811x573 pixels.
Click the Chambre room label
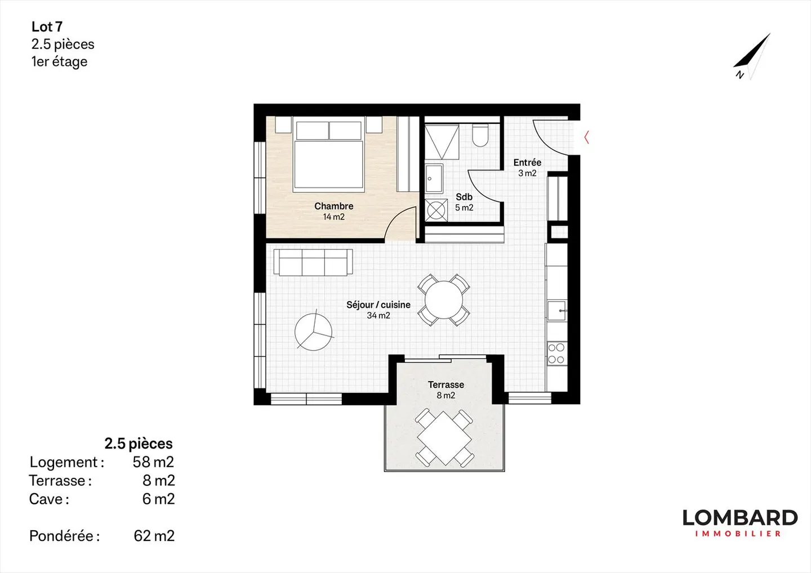pos(333,206)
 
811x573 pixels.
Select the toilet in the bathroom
pos(480,136)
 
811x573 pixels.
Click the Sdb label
pos(464,197)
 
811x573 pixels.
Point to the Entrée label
pos(527,163)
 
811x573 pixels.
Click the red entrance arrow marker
pos(586,137)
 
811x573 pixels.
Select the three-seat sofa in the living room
pos(313,262)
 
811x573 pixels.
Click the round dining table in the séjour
pos(444,300)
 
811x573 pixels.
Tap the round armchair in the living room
pos(314,332)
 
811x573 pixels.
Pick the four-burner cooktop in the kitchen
pos(556,353)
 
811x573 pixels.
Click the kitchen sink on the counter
pos(557,311)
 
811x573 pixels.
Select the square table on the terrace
pos(444,438)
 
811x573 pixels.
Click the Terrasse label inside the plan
pos(445,385)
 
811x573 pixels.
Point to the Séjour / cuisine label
pos(378,305)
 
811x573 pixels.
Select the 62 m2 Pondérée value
pos(154,536)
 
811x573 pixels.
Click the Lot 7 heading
pos(47,26)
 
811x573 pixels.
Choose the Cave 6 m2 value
pos(158,499)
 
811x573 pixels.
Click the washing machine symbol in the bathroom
pos(436,210)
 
